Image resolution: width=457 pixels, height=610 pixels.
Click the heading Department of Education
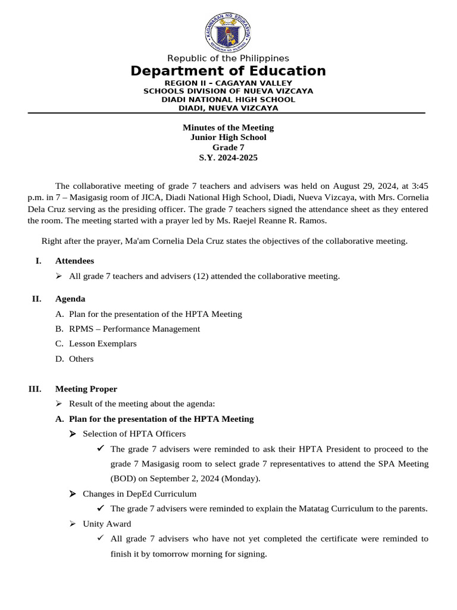pos(228,71)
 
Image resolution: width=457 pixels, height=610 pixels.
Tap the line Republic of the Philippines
pos(228,58)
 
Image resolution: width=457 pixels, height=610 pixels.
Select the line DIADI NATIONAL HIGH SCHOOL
pos(228,99)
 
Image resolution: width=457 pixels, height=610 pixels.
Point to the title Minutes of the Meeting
pos(228,127)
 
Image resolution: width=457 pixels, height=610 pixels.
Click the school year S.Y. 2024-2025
pos(228,158)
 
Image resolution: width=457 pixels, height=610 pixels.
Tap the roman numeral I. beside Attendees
pos(39,261)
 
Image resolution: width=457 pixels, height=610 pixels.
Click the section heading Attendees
pos(74,261)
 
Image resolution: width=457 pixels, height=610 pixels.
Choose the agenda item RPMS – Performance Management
pos(134,329)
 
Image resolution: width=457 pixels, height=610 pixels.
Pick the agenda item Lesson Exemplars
pos(103,344)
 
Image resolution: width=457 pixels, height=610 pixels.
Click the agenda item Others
pos(82,359)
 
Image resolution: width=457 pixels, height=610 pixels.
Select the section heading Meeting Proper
pos(86,389)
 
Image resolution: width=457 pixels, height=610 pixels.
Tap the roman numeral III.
pos(35,389)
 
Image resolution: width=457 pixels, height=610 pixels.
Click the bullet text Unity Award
pos(107,524)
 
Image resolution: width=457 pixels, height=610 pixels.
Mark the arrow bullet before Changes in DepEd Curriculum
pos(72,494)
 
